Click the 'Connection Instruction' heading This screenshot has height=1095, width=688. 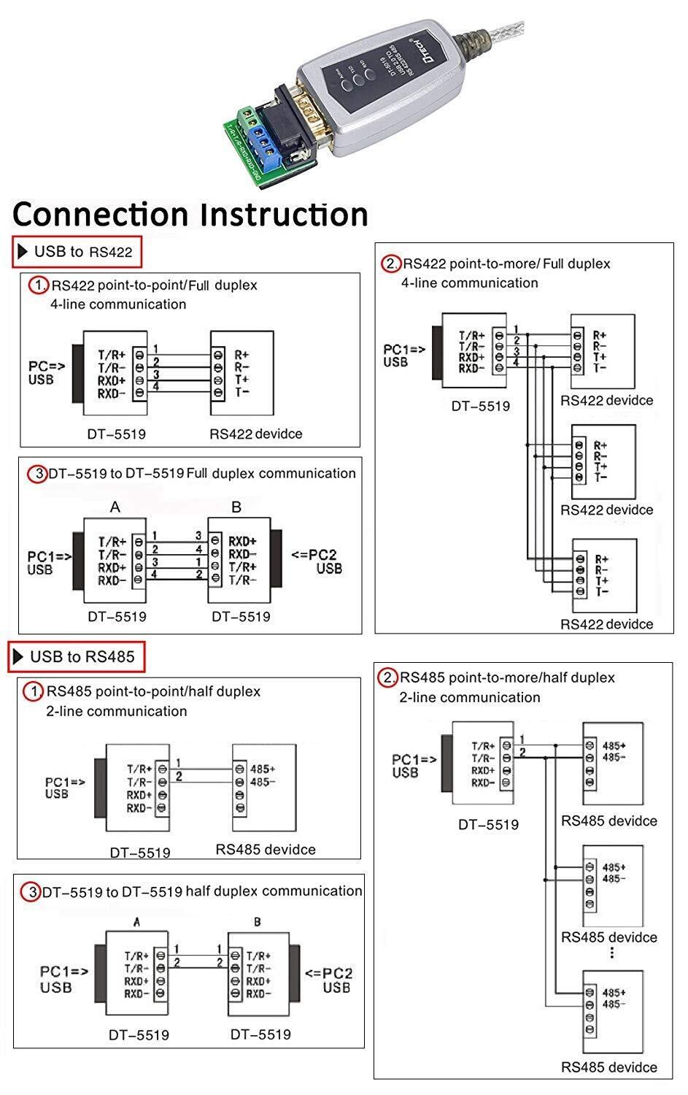190,215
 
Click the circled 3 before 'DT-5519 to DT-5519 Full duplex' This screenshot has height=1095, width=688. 38,474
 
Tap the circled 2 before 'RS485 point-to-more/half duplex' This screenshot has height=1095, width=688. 388,677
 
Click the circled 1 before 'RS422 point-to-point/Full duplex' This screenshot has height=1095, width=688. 38,285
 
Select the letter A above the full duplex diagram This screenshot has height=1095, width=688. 115,507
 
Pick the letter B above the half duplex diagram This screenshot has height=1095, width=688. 258,922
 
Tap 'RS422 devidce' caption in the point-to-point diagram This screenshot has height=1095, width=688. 255,434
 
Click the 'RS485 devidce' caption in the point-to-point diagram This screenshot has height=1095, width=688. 266,849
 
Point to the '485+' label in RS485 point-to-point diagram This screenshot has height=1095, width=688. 263,769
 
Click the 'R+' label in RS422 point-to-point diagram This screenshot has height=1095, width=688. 241,355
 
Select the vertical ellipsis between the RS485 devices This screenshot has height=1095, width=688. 611,953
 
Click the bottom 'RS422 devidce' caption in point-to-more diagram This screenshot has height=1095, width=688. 606,624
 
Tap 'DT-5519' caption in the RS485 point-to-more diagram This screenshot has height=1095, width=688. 488,824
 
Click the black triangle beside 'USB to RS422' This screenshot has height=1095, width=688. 23,252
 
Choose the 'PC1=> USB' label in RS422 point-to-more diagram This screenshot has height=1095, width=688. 403,356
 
